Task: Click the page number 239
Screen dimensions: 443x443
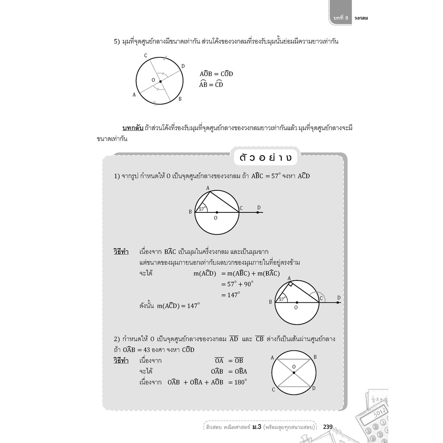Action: [x=327, y=427]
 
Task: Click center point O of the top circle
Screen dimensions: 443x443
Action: [x=160, y=81]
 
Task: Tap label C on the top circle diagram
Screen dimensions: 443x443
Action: [x=145, y=56]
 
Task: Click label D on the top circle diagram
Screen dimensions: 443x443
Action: [x=183, y=66]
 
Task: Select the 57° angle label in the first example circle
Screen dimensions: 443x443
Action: [x=202, y=209]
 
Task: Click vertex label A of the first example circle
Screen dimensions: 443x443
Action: [x=208, y=188]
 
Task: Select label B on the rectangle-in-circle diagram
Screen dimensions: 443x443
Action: [x=315, y=357]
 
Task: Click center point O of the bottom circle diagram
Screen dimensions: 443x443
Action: [x=293, y=372]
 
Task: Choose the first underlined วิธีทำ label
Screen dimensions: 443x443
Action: [x=121, y=251]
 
